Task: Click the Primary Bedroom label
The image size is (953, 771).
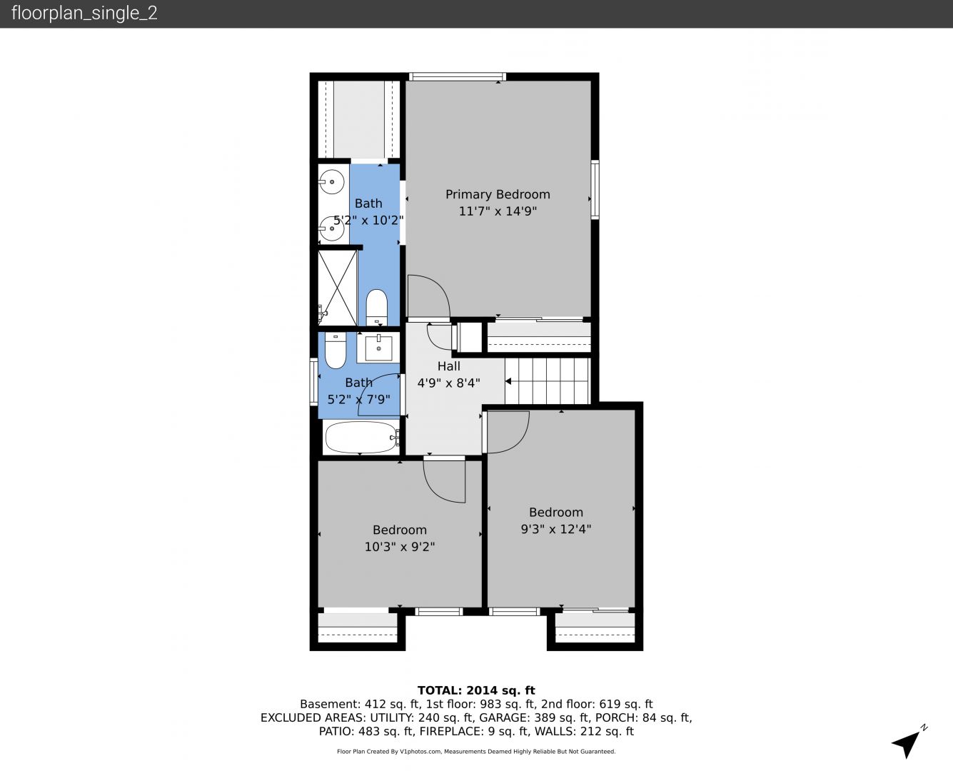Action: [498, 195]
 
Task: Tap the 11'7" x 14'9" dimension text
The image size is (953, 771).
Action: [498, 211]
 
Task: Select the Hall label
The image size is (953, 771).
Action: [449, 366]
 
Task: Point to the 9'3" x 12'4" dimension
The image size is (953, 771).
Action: [555, 530]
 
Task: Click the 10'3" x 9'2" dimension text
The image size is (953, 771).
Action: [400, 547]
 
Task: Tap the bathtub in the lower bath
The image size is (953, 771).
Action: [361, 437]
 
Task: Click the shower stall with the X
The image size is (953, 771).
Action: [338, 287]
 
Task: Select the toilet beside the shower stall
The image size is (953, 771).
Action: [376, 308]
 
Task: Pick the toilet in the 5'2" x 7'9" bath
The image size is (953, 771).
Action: [336, 350]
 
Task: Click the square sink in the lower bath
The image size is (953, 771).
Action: [378, 348]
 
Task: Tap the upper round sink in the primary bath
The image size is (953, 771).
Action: [331, 182]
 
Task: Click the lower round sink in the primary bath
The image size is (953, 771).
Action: [331, 228]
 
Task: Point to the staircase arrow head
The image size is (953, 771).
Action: [508, 381]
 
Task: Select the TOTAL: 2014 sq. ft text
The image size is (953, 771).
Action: [476, 690]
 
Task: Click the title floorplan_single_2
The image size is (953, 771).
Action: [84, 14]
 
